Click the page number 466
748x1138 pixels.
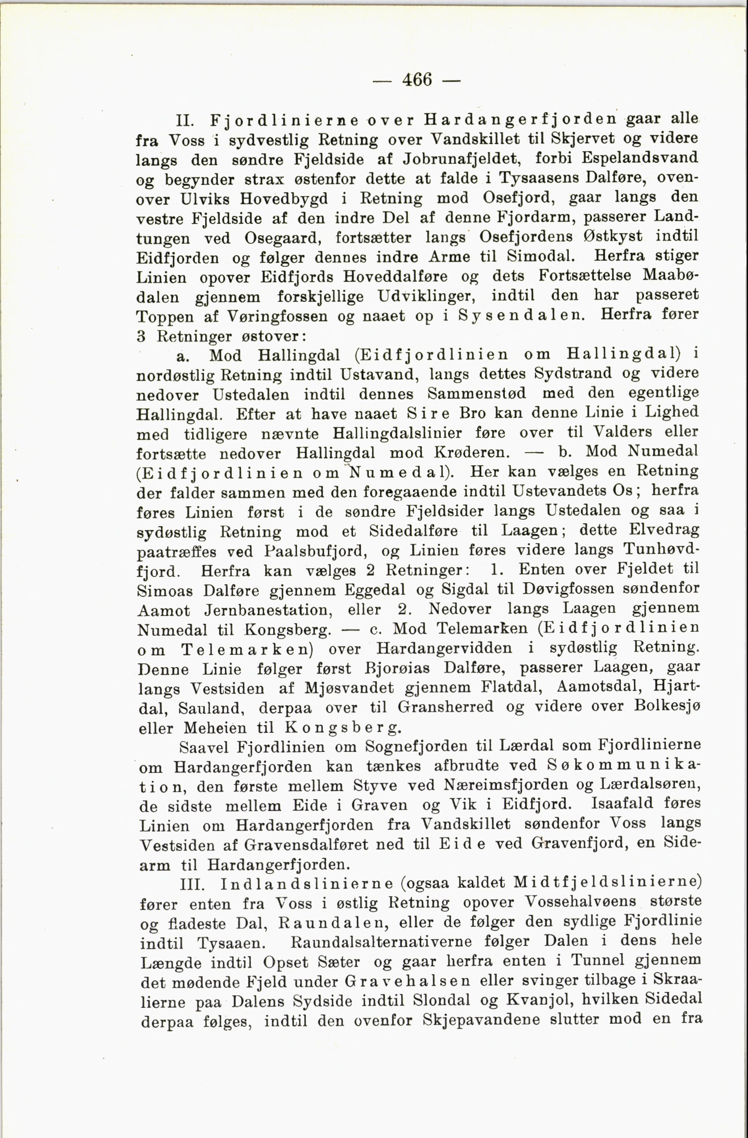[x=417, y=79]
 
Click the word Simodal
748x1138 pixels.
[x=540, y=256]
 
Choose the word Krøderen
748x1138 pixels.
[x=480, y=452]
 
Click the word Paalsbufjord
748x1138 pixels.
[x=315, y=551]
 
